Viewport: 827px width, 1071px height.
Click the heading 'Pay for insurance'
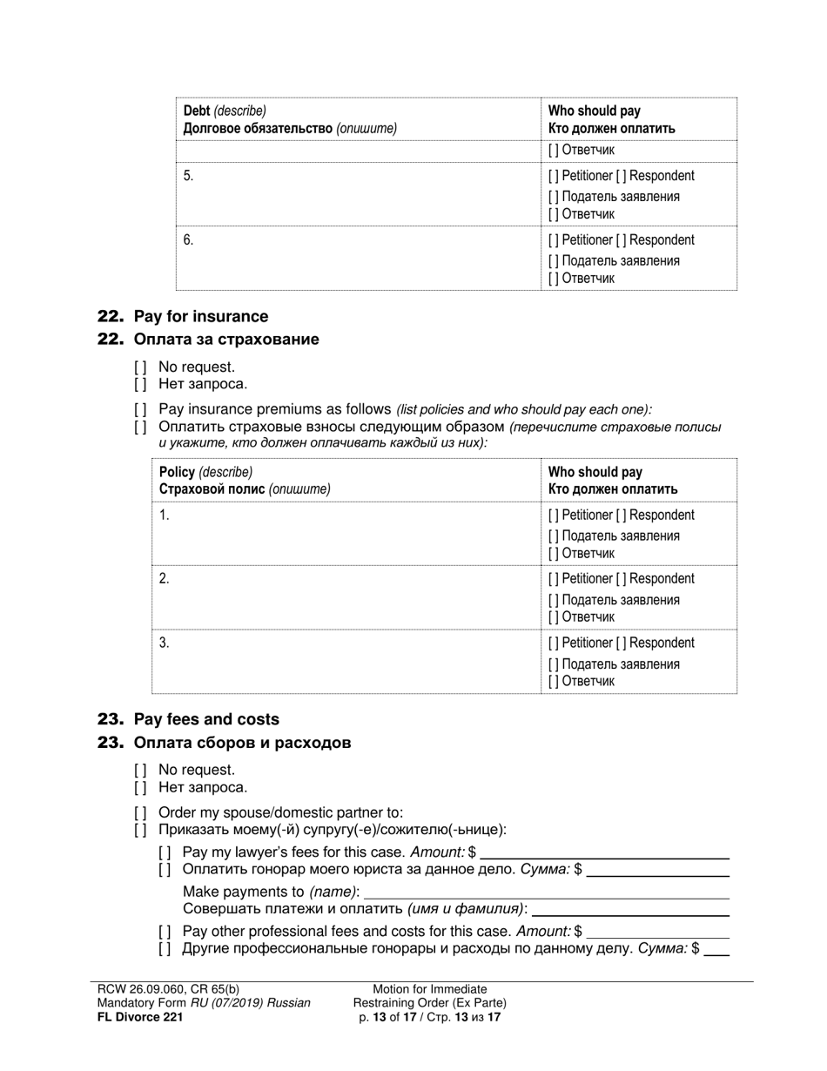pos(200,316)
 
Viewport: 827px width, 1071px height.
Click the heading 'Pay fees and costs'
pos(206,719)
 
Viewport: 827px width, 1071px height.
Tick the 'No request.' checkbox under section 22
pos(140,367)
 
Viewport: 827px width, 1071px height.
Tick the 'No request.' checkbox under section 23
pos(140,770)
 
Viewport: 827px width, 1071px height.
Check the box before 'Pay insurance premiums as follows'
pos(140,409)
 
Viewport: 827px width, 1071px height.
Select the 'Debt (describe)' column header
pos(225,111)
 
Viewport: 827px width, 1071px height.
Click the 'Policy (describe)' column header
pos(205,472)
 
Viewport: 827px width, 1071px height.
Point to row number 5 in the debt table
pos(189,176)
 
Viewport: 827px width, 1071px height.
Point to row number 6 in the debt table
pos(189,240)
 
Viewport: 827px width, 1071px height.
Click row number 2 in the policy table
pos(165,579)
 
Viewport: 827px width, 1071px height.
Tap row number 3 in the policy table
pos(165,643)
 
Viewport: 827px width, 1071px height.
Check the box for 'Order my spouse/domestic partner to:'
pos(140,812)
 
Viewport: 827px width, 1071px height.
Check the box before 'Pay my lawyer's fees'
pos(165,852)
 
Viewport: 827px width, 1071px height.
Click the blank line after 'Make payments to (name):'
pos(546,893)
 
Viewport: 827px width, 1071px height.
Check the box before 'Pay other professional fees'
pos(165,931)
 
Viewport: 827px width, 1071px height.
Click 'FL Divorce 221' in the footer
pos(140,1016)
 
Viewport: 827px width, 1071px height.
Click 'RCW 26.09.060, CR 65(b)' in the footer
pos(168,989)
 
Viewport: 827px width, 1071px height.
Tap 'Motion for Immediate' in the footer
pos(430,989)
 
